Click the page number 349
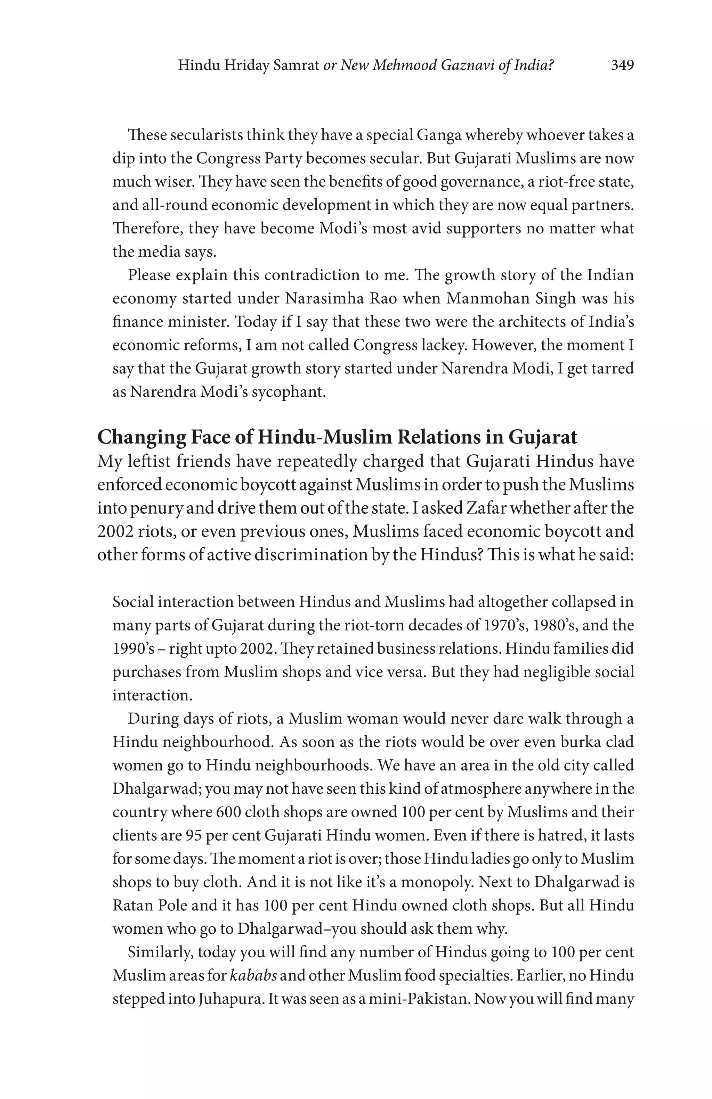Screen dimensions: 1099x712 pos(622,66)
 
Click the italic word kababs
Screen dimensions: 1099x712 pos(253,976)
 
